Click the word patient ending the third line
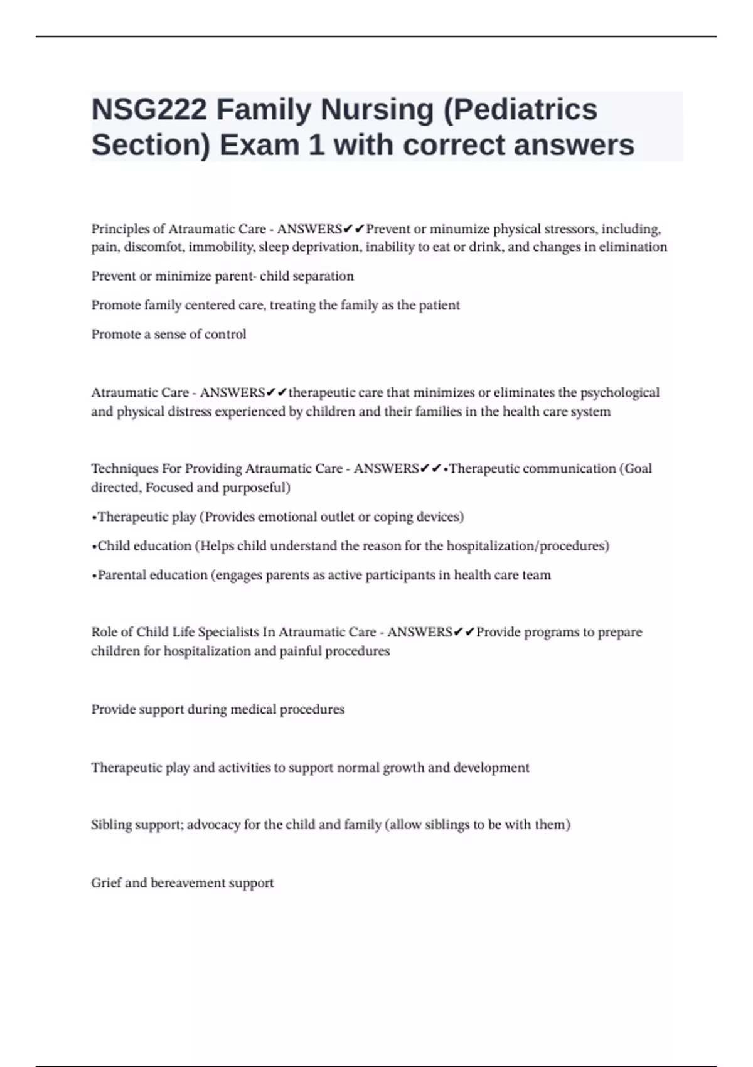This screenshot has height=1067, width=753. coord(439,305)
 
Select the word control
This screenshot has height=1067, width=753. coord(226,335)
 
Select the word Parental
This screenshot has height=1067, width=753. coord(121,575)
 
